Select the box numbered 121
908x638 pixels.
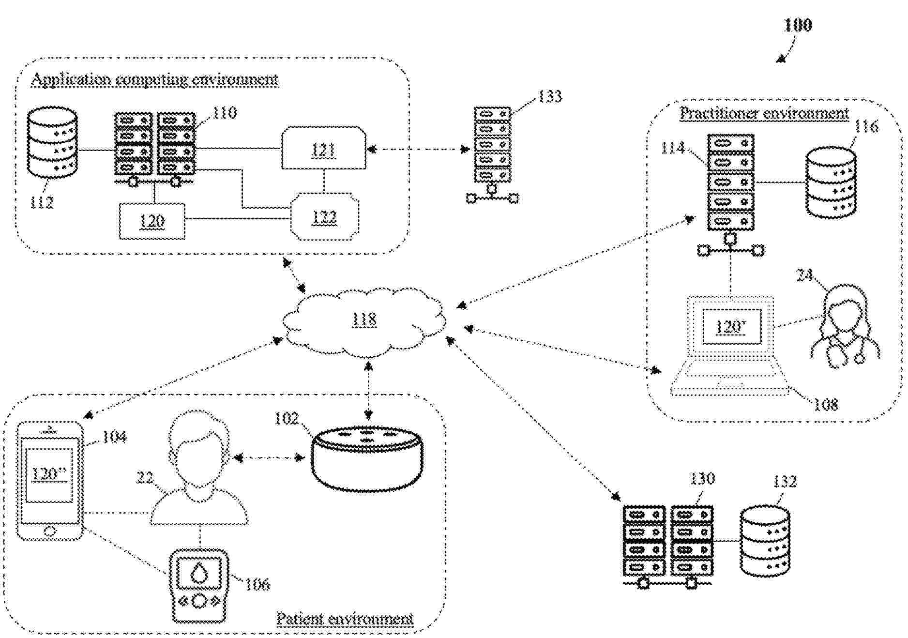click(x=323, y=149)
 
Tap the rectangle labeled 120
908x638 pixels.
click(x=152, y=221)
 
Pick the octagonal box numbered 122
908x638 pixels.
click(x=324, y=217)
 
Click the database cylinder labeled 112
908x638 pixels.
click(x=52, y=142)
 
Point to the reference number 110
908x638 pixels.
click(x=225, y=113)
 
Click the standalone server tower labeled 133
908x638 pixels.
click(x=492, y=145)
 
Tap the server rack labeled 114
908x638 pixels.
click(x=731, y=182)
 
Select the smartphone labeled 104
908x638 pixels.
click(x=50, y=480)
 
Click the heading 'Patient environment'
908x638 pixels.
click(x=345, y=618)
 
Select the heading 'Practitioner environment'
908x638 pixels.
click(x=764, y=113)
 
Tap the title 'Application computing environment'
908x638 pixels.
click(x=155, y=79)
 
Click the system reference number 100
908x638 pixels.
click(x=798, y=25)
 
